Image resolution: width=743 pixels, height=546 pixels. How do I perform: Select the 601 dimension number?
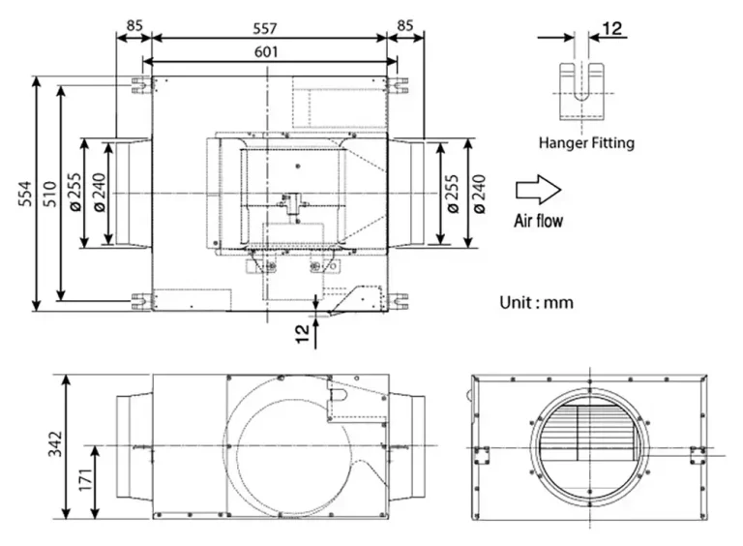(x=270, y=52)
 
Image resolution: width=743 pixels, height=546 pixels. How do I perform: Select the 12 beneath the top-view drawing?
(x=303, y=333)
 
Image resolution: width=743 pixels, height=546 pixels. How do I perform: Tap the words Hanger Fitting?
(x=586, y=143)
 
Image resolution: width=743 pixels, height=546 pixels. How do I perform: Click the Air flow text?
(x=538, y=221)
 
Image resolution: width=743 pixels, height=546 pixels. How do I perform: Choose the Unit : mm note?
(x=536, y=302)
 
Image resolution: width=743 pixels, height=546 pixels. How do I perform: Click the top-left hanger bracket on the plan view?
(x=141, y=84)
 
